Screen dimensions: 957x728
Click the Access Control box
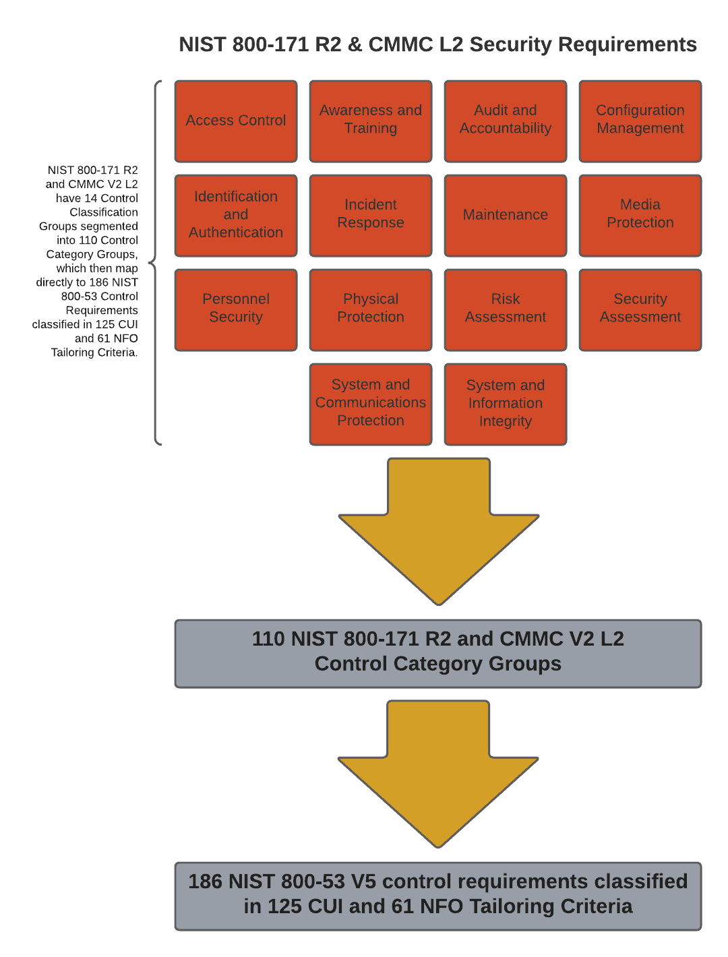pyautogui.click(x=236, y=121)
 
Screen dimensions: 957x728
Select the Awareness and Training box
pyautogui.click(x=371, y=121)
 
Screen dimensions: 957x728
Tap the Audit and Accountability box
pyautogui.click(x=506, y=121)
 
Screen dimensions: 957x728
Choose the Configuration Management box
pyautogui.click(x=640, y=121)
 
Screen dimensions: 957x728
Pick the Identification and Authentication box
pyautogui.click(x=236, y=216)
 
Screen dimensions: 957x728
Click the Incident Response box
pyautogui.click(x=371, y=216)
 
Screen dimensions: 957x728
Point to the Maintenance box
pyautogui.click(x=506, y=216)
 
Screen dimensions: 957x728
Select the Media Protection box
pyautogui.click(x=640, y=216)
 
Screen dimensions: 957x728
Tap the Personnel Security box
pyautogui.click(x=236, y=310)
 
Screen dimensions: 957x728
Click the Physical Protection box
pyautogui.click(x=371, y=310)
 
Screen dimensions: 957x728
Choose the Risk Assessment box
pyautogui.click(x=506, y=310)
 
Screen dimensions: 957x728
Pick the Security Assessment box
pyautogui.click(x=640, y=310)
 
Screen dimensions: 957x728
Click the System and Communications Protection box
pyautogui.click(x=371, y=404)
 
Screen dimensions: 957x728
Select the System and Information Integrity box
pyautogui.click(x=506, y=404)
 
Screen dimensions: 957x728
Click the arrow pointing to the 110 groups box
pyautogui.click(x=439, y=526)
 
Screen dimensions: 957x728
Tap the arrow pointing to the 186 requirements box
pyautogui.click(x=439, y=768)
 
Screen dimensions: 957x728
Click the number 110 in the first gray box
pyautogui.click(x=268, y=639)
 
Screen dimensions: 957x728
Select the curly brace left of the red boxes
pyautogui.click(x=156, y=263)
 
